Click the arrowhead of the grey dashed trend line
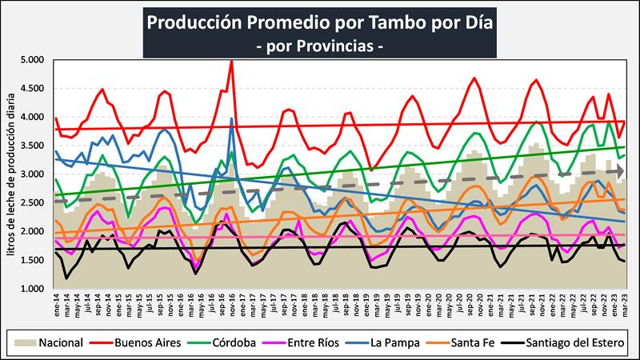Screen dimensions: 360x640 pyautogui.click(x=619, y=171)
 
